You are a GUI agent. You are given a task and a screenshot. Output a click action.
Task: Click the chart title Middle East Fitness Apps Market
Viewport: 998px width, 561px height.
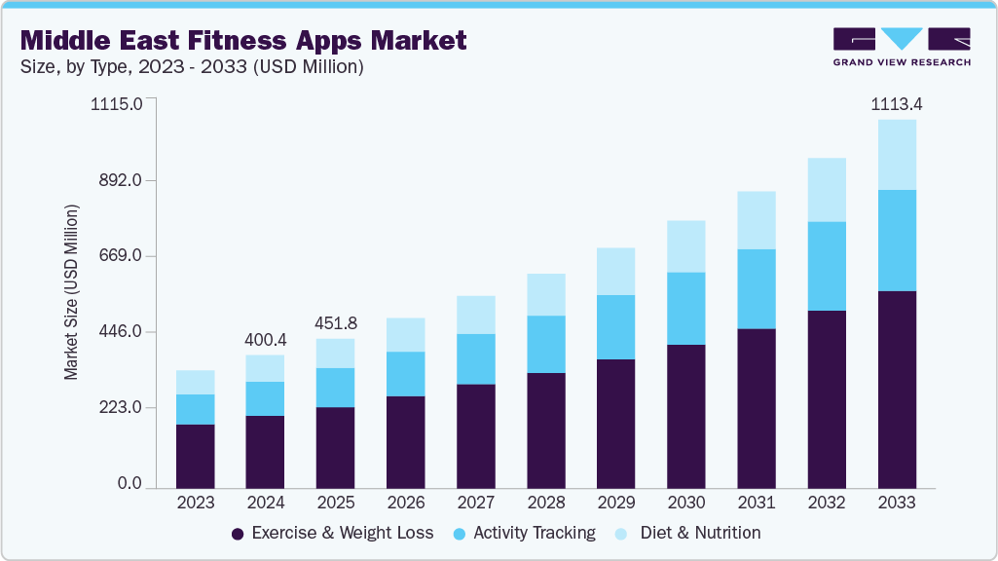point(243,40)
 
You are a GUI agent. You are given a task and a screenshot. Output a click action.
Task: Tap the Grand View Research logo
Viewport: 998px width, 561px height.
point(901,47)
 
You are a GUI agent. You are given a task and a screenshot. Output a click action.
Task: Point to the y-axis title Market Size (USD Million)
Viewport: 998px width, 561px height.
point(71,293)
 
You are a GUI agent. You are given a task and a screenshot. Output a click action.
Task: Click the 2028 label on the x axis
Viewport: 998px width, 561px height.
point(545,503)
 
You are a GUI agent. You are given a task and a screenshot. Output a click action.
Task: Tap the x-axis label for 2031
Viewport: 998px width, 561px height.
point(757,503)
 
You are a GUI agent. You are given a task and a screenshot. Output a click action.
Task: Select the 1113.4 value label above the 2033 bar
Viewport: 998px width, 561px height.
point(896,104)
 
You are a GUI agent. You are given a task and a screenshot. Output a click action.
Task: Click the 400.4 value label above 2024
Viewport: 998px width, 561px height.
point(266,339)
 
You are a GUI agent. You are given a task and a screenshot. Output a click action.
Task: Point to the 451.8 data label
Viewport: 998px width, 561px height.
point(336,323)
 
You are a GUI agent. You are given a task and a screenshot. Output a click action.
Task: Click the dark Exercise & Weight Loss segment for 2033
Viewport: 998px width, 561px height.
point(897,389)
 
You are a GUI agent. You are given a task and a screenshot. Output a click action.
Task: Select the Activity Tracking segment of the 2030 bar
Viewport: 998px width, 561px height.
point(686,308)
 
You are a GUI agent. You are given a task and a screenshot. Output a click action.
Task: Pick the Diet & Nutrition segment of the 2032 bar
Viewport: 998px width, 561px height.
point(827,190)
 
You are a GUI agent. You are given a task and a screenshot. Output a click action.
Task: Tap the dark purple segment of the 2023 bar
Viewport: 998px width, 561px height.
point(196,456)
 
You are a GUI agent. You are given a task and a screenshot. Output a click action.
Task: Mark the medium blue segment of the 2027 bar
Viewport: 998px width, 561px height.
point(476,358)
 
